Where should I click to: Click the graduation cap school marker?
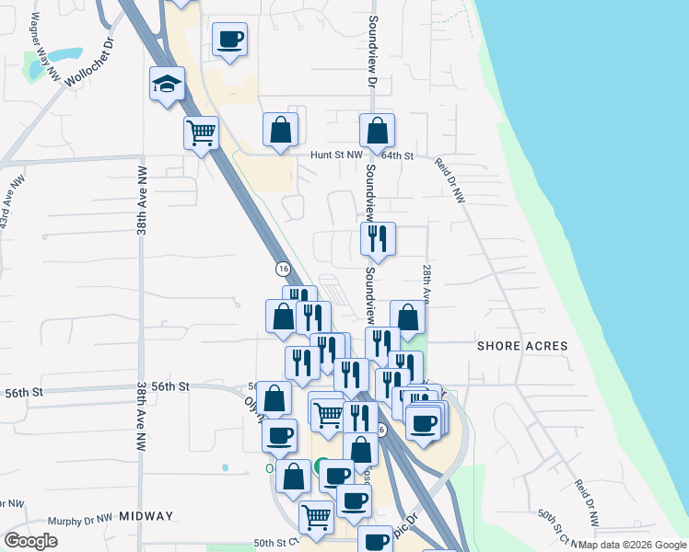tap(168, 85)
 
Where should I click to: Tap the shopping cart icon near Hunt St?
tap(201, 133)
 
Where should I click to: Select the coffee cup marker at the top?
tap(229, 40)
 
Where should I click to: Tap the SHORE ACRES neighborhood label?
tap(522, 346)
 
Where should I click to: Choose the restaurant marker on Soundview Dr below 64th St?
tap(378, 239)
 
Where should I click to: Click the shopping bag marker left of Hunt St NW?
tap(280, 130)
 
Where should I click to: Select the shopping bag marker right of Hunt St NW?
tap(377, 131)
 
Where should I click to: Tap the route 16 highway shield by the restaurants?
tap(283, 268)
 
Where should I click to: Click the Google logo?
tap(31, 541)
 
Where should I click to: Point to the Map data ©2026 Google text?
tap(632, 545)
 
